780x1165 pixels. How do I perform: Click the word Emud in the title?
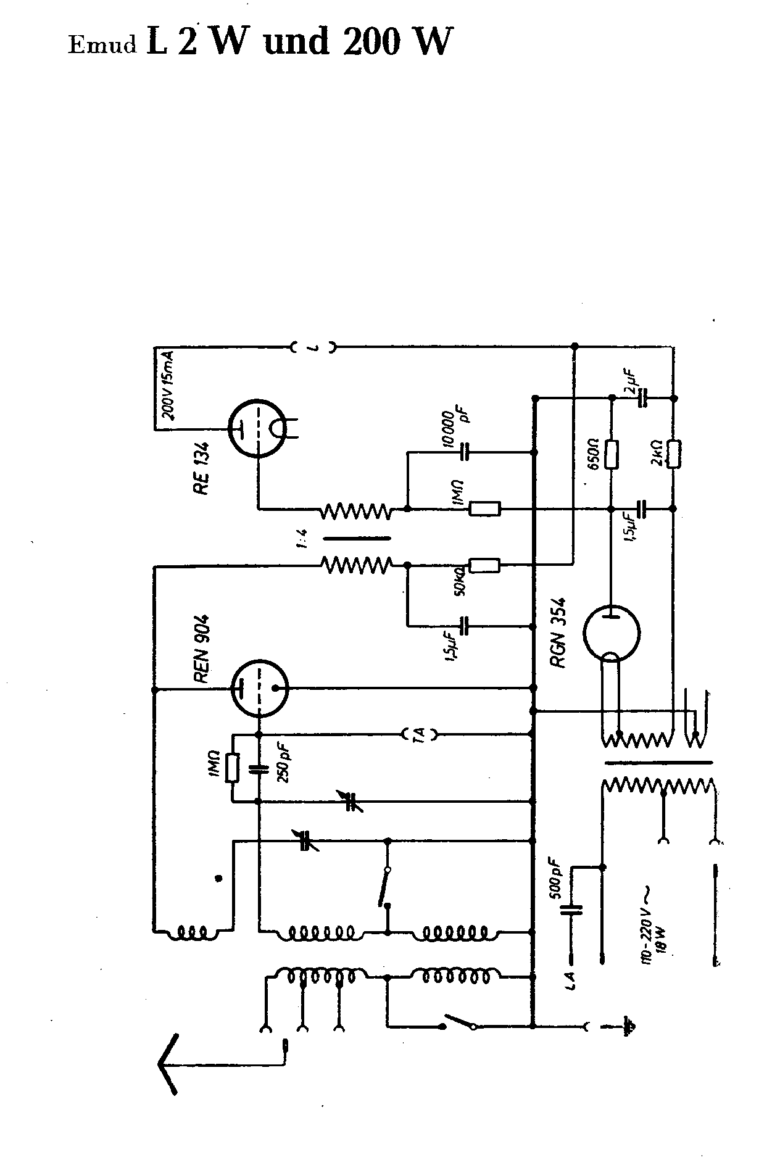(102, 46)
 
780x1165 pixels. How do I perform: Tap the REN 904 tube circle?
(259, 689)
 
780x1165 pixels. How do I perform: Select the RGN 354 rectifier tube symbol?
(611, 634)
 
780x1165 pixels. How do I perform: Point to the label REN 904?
(202, 647)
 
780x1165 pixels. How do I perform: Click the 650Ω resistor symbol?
(612, 454)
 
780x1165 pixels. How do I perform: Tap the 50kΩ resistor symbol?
(484, 565)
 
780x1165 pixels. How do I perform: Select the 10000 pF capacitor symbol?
(465, 452)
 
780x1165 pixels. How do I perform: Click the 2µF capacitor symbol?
(643, 399)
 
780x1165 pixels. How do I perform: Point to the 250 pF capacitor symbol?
(259, 769)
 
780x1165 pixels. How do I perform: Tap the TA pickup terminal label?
(420, 734)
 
